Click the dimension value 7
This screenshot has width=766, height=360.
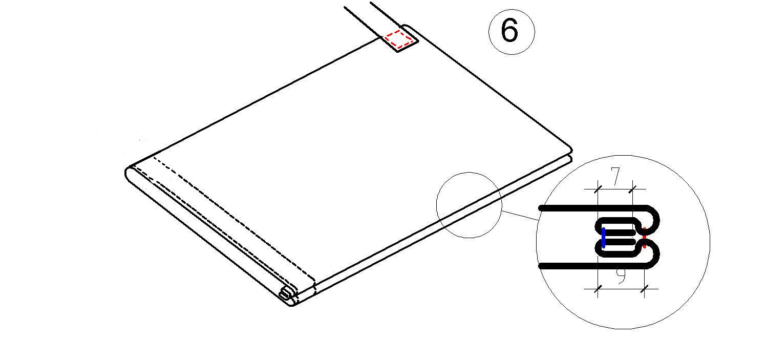click(615, 176)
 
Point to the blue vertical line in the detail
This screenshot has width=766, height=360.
click(604, 238)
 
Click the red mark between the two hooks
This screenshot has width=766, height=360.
click(644, 237)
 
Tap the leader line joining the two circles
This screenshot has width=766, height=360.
click(519, 216)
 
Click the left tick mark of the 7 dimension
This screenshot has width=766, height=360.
click(598, 189)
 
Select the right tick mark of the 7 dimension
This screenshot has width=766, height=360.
click(633, 189)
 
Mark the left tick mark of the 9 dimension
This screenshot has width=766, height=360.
click(598, 289)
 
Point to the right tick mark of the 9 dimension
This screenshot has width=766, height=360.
click(644, 289)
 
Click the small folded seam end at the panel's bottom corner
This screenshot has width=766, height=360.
click(286, 294)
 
